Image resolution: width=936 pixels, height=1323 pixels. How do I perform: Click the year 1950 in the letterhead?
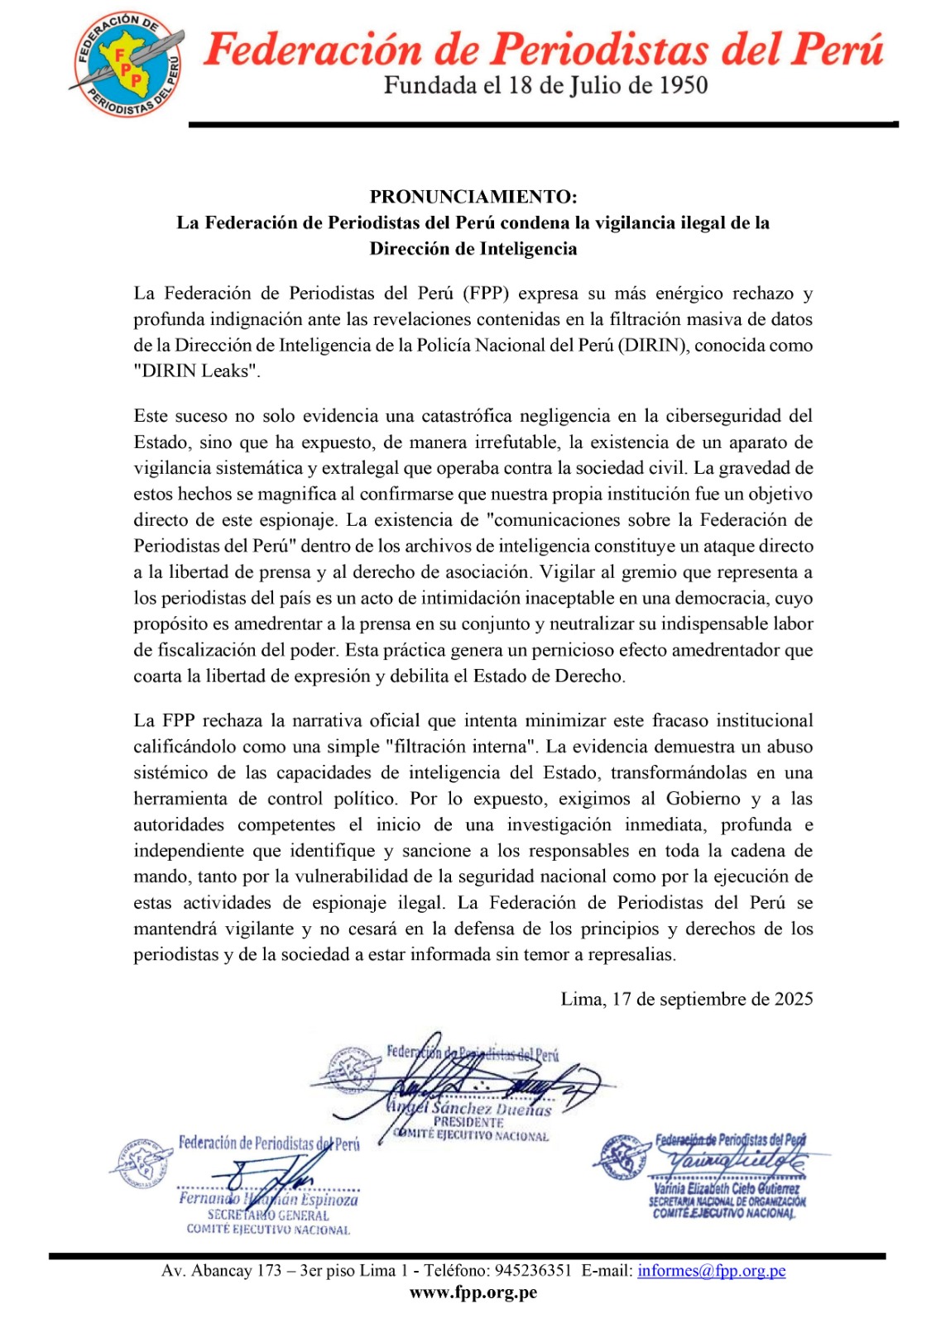click(x=678, y=85)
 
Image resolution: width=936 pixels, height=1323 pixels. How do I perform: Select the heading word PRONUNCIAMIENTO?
click(x=473, y=197)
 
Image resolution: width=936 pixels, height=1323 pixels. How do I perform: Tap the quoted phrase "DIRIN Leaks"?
click(x=197, y=371)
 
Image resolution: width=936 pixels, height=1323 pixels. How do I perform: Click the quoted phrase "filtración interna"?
click(x=462, y=747)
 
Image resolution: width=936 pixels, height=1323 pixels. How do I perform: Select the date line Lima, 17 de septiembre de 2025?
click(x=687, y=999)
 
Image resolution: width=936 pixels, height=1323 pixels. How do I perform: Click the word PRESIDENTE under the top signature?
click(x=468, y=1122)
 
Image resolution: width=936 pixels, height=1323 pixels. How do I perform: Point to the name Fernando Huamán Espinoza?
click(x=268, y=1199)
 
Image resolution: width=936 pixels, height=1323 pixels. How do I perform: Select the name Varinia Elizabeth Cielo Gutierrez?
click(x=727, y=1189)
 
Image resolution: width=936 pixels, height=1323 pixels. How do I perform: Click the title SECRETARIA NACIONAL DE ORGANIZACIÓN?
click(x=727, y=1201)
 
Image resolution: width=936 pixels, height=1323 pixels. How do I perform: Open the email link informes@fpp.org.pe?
click(x=711, y=1271)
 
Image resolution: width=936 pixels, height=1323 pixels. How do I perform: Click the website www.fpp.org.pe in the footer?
click(x=473, y=1292)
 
